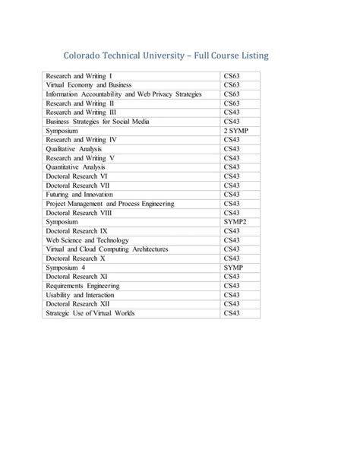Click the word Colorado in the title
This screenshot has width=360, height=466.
tap(86, 56)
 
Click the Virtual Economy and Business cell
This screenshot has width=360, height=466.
tap(89, 86)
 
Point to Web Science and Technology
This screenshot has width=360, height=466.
tap(87, 239)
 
